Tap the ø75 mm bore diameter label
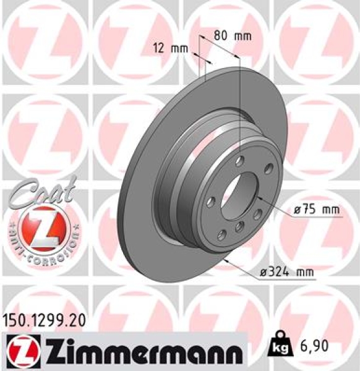[x=317, y=210]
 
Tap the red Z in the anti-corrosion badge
[x=42, y=226]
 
